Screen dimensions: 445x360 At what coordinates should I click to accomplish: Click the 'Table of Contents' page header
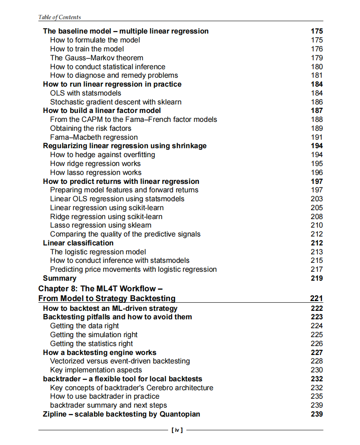click(x=59, y=17)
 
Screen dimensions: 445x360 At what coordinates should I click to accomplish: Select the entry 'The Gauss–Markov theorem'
click(x=96, y=58)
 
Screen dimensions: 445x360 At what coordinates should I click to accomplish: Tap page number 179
click(x=317, y=58)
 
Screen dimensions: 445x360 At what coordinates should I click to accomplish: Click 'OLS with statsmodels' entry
click(x=85, y=93)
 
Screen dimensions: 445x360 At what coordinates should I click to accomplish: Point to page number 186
click(x=317, y=102)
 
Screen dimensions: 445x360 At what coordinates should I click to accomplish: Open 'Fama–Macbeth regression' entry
click(x=94, y=137)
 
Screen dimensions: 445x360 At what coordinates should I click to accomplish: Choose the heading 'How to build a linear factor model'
click(x=102, y=110)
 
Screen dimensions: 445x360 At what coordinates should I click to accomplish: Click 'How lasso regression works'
click(x=96, y=172)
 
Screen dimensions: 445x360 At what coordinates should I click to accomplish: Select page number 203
click(x=317, y=199)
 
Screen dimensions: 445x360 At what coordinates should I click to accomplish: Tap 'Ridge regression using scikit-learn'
click(x=106, y=217)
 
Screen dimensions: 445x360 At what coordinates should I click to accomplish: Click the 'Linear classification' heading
click(x=78, y=243)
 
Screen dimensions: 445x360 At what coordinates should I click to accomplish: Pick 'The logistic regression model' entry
click(x=98, y=252)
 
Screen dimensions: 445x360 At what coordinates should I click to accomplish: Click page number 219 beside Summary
click(x=317, y=278)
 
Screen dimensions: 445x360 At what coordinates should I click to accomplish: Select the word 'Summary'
click(x=59, y=278)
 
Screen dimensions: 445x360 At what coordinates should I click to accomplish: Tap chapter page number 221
click(x=316, y=299)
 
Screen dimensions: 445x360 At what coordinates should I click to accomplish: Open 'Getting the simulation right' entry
click(x=94, y=335)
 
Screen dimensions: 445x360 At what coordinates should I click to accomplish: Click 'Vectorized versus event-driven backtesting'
click(x=120, y=361)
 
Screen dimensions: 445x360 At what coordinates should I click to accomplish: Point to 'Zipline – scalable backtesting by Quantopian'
click(x=121, y=414)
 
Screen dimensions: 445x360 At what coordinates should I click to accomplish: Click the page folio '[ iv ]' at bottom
click(x=177, y=430)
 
